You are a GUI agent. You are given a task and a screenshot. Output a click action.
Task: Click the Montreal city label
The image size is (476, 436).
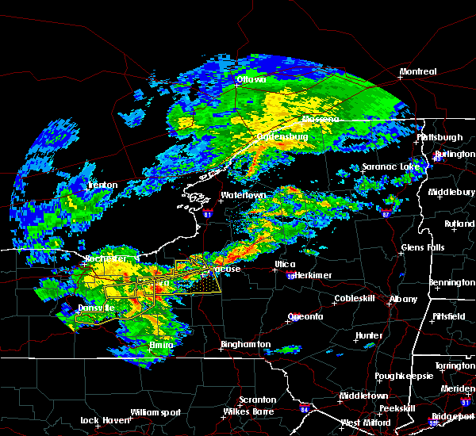[x=417, y=71]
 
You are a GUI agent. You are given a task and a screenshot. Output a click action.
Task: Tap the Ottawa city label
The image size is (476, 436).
[x=251, y=80]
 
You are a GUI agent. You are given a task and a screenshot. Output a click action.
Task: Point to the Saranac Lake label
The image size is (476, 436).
[x=390, y=167]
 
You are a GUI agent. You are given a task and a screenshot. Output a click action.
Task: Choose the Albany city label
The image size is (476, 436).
[x=402, y=299]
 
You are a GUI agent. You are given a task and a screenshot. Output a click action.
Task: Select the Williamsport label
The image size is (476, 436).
[x=155, y=411]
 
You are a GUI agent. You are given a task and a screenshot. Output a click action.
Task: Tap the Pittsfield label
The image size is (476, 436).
[x=449, y=316]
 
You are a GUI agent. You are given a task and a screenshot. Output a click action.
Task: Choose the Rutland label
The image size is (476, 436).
[x=459, y=224]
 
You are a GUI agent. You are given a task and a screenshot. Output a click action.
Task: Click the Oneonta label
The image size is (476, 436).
[x=305, y=316]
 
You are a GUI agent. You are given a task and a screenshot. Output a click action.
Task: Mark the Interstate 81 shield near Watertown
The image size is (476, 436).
[x=208, y=212]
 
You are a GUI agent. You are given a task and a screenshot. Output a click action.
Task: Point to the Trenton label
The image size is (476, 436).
[x=102, y=185]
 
